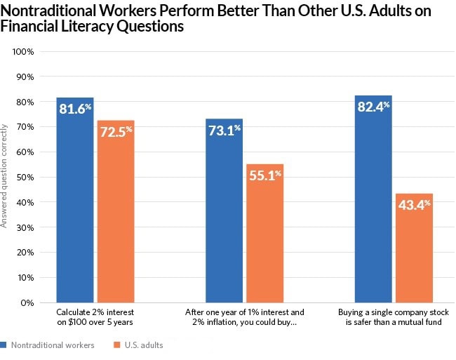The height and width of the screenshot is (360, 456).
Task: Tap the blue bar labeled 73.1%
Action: (224, 211)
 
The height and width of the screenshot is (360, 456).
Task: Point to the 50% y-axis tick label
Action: (25, 177)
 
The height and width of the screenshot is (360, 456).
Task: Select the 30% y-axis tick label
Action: (25, 227)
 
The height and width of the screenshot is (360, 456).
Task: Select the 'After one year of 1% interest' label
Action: (244, 312)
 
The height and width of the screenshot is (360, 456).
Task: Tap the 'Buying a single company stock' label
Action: (394, 312)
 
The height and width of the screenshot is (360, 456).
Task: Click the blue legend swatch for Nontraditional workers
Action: (4, 345)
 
